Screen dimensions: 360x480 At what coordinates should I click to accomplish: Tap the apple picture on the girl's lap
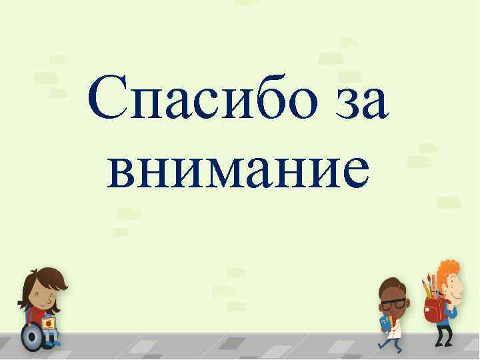click(x=48, y=323)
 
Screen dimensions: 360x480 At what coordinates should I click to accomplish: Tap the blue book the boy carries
click(x=386, y=323)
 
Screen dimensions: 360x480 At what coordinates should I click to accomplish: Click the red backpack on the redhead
click(x=433, y=309)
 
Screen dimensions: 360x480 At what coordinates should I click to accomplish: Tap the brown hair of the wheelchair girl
click(x=47, y=277)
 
